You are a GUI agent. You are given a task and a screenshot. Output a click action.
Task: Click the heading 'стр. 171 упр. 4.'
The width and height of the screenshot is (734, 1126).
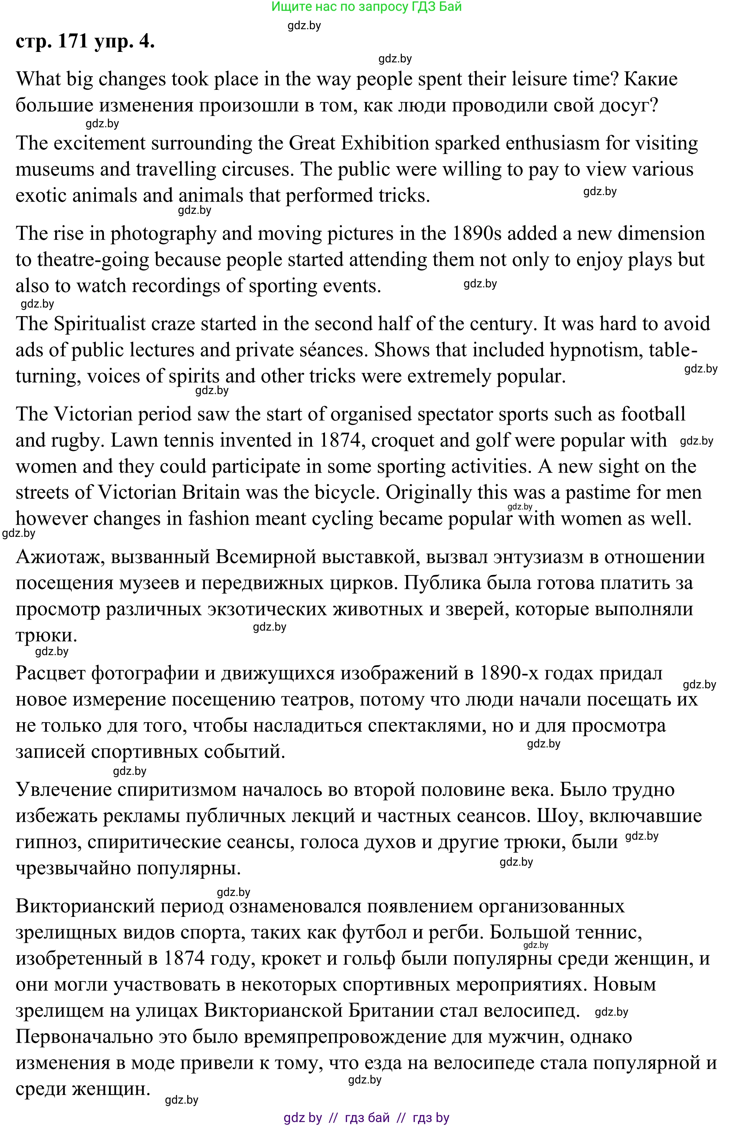click(x=85, y=41)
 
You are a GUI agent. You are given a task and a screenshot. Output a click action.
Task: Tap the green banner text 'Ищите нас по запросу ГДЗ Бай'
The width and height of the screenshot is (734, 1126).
click(x=366, y=6)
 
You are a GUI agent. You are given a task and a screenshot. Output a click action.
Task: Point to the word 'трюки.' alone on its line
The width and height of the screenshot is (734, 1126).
click(x=47, y=635)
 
